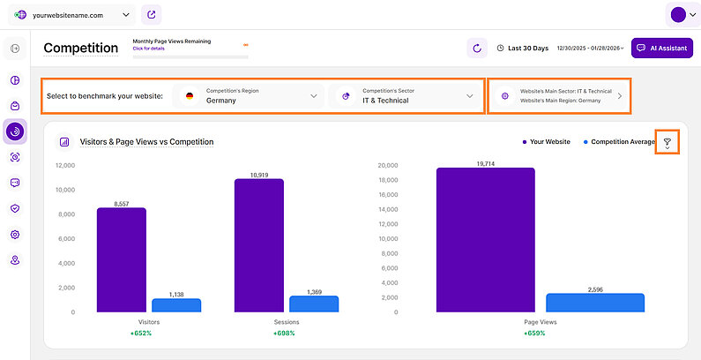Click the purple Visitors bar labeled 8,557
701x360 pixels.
[x=122, y=259]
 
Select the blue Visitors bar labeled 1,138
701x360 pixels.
[x=176, y=305]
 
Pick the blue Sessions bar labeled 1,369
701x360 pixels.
[x=314, y=304]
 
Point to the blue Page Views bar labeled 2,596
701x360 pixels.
[x=595, y=303]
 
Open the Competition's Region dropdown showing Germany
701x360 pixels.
[x=250, y=95]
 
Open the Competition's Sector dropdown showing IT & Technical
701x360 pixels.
[x=406, y=95]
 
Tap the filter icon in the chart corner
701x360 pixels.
[x=667, y=142]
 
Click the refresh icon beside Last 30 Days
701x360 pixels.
[x=476, y=48]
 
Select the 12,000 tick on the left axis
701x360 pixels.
[x=64, y=165]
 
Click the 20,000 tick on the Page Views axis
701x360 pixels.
[x=389, y=165]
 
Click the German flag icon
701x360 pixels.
[x=190, y=95]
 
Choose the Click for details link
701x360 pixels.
[x=148, y=49]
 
